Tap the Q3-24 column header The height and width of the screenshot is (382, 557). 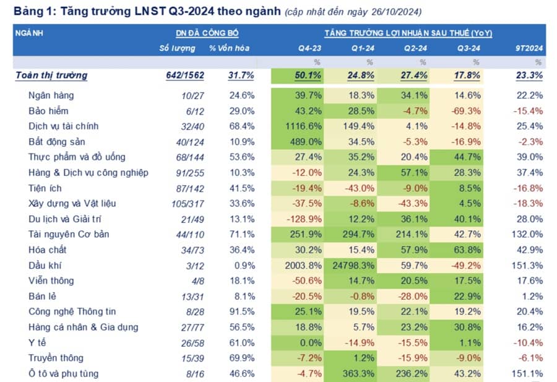[468, 48]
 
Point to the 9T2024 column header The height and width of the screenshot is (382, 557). [529, 48]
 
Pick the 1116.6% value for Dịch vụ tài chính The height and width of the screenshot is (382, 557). [303, 126]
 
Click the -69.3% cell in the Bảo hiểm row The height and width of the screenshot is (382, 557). [467, 111]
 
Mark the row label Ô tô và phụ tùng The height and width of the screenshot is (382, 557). [63, 373]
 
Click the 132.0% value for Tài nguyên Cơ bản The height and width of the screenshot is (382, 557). [528, 234]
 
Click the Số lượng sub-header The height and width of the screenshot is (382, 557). [177, 48]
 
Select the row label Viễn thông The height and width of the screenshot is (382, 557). [49, 280]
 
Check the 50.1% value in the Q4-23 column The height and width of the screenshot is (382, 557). [308, 76]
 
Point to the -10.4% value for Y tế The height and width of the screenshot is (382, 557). [528, 342]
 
